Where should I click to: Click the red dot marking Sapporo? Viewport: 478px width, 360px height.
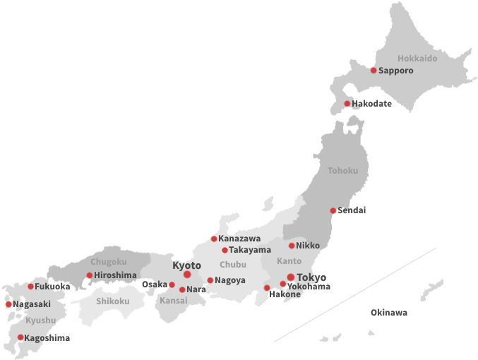374,71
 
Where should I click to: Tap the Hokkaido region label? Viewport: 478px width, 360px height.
417,59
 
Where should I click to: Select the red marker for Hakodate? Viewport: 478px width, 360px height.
347,104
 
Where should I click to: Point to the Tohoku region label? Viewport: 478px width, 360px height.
342,171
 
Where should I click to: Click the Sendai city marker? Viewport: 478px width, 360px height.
333,210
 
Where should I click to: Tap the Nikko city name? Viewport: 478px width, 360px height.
308,246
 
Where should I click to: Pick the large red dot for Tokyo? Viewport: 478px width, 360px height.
290,277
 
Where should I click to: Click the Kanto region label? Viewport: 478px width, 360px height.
279,262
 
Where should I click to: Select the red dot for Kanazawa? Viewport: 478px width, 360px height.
214,239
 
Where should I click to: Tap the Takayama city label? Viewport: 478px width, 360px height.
250,250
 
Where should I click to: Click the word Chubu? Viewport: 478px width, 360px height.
233,265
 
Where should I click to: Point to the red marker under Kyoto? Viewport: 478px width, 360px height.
187,275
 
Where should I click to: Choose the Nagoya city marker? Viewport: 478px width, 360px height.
210,280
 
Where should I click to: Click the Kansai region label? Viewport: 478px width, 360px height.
174,301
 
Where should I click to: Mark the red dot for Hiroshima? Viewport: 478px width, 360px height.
89,275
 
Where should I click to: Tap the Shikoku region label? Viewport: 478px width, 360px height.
113,301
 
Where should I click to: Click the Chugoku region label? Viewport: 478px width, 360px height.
109,262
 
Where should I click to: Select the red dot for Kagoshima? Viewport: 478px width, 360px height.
20,337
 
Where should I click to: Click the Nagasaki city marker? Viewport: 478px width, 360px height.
8,304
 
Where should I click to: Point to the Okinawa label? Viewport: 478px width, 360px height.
389,313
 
